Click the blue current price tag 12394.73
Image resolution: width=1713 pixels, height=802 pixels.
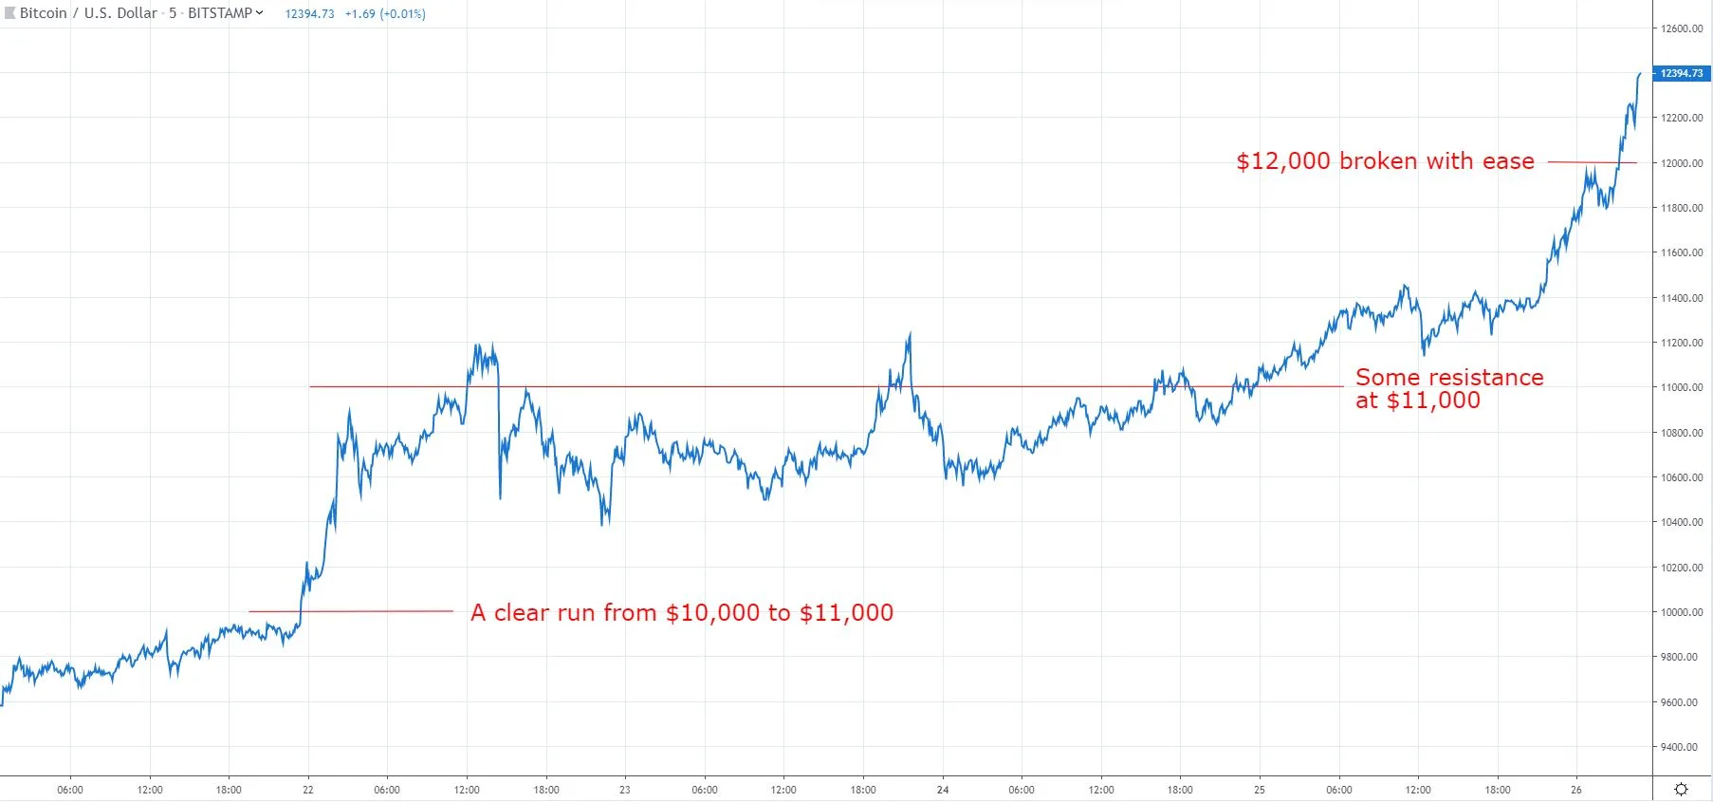(1681, 73)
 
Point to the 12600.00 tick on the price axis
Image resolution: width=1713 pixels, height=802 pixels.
(1681, 28)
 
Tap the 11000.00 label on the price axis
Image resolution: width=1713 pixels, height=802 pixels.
(1681, 387)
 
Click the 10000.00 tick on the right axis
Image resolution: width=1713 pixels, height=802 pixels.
(1681, 612)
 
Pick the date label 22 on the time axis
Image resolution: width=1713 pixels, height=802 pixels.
(308, 790)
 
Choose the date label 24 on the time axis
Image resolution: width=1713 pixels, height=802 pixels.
(942, 790)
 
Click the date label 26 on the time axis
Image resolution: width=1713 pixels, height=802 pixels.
(1576, 790)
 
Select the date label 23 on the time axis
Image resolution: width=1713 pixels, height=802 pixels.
(624, 790)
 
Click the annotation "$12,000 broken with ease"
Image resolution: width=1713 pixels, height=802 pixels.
(1385, 161)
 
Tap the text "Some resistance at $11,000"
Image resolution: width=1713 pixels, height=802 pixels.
(1448, 389)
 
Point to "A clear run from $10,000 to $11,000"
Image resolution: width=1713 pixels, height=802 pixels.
(682, 613)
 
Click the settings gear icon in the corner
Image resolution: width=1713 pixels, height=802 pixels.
(1681, 790)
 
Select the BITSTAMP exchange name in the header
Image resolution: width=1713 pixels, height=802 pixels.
(220, 13)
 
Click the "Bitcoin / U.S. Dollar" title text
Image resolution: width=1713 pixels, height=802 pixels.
(88, 13)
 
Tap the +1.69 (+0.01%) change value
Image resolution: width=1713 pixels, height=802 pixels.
(385, 14)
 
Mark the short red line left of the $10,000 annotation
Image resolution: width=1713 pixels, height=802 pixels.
(351, 611)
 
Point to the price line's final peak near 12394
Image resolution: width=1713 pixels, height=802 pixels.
(1639, 74)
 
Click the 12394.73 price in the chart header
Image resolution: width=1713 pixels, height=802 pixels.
(309, 14)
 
